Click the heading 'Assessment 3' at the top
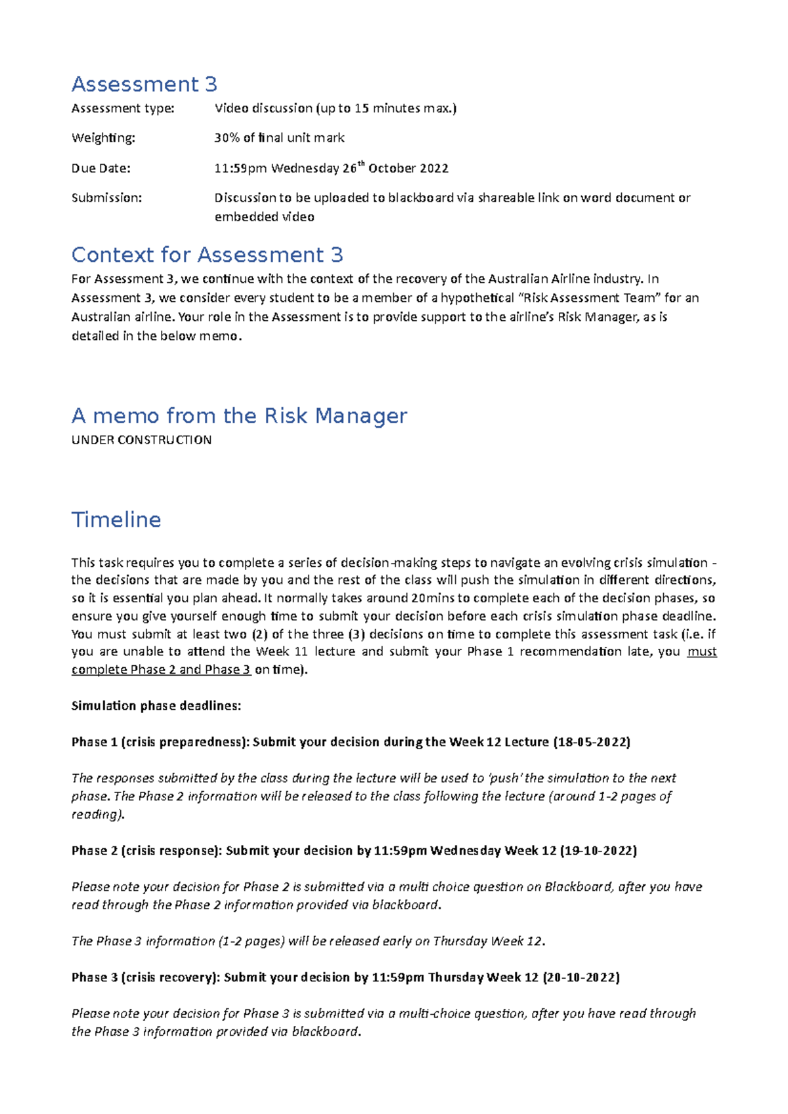[144, 84]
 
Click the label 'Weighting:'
[103, 138]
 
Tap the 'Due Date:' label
[100, 168]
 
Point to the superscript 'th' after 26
[361, 164]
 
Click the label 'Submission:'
[106, 197]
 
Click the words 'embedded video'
[264, 217]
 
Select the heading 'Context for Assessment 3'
[207, 255]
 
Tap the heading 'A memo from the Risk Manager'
[239, 415]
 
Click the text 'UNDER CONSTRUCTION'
[141, 440]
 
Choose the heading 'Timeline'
[116, 520]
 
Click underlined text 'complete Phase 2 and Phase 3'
[161, 670]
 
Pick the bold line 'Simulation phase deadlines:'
[156, 706]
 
